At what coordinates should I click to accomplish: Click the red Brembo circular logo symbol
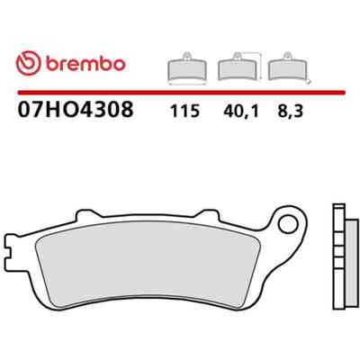(28, 63)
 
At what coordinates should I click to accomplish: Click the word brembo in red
(85, 63)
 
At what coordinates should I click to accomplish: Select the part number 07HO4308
(76, 109)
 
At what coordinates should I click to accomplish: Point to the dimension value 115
(184, 111)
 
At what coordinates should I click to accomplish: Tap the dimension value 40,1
(241, 112)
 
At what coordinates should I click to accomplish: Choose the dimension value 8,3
(291, 112)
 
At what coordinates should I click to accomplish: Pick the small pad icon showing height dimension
(238, 67)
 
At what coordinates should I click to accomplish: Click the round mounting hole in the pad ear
(287, 224)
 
